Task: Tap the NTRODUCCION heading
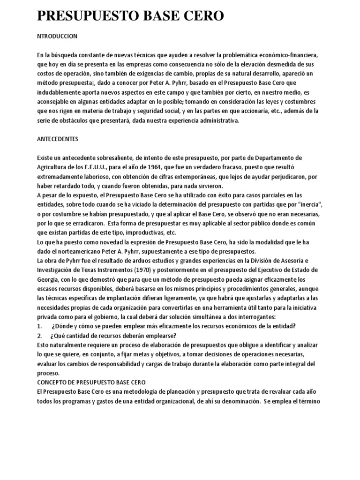tap(57, 36)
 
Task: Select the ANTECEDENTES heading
tap(58, 139)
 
